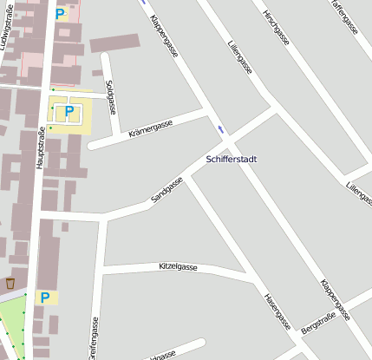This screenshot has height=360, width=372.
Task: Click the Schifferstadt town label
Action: tap(237, 160)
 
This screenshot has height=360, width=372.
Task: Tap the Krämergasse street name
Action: tap(151, 128)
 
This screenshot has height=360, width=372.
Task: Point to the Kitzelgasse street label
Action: tap(179, 266)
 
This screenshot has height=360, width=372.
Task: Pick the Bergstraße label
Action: tap(317, 324)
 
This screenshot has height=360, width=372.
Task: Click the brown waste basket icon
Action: tap(10, 283)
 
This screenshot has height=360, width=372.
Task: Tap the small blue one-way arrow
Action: tap(221, 129)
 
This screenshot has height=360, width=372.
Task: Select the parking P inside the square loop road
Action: tap(68, 111)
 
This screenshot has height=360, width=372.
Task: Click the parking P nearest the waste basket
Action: tap(43, 298)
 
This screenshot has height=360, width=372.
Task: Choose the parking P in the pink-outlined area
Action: tap(59, 14)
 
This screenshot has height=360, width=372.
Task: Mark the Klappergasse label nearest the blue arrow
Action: tap(164, 36)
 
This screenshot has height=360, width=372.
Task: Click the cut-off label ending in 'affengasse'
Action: tap(343, 16)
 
